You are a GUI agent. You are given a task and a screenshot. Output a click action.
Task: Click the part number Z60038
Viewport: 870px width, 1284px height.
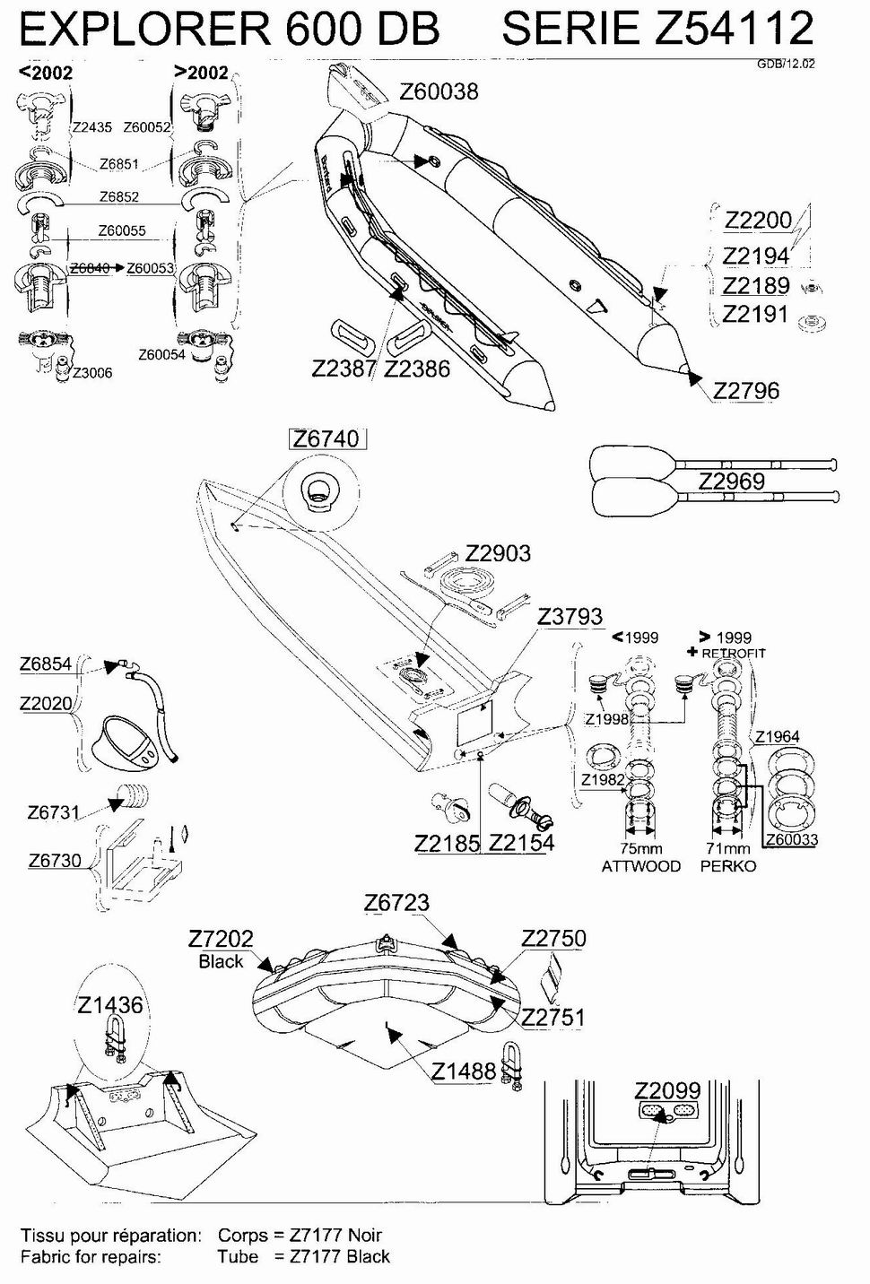[439, 91]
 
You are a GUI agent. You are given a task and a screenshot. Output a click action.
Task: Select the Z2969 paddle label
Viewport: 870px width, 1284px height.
[731, 481]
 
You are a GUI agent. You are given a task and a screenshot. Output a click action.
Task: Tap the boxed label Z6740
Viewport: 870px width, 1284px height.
[326, 439]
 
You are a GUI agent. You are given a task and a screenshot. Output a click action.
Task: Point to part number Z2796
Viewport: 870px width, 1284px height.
[746, 391]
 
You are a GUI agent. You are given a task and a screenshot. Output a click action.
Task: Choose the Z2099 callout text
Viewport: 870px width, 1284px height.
[667, 1089]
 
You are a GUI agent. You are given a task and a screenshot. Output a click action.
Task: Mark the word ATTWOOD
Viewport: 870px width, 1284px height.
[640, 866]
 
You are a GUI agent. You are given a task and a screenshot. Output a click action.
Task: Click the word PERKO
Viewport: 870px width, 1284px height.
[728, 866]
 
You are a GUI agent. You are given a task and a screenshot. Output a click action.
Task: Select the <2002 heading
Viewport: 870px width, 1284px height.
[46, 73]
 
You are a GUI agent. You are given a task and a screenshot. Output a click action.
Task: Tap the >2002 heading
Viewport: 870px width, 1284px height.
[202, 73]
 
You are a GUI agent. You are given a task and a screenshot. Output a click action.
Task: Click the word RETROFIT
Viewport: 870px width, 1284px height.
[733, 653]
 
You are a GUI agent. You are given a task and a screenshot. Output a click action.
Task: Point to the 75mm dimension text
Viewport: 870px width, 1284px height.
[640, 848]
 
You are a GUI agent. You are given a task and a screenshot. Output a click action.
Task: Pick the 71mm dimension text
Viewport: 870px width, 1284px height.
[728, 848]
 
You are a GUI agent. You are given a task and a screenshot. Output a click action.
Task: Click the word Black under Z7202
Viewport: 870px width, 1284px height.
[221, 961]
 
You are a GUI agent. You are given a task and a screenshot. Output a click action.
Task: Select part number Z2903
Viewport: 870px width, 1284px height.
[498, 553]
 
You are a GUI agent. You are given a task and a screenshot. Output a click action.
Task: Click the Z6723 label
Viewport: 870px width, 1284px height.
[396, 903]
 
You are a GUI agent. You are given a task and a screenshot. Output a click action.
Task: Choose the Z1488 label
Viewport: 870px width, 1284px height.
[464, 1071]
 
